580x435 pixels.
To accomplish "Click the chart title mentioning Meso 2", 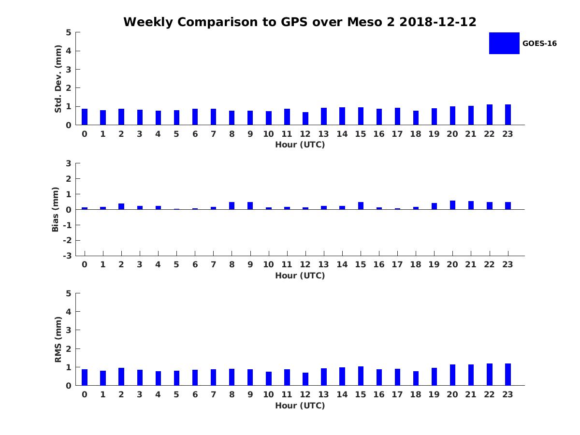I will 300,22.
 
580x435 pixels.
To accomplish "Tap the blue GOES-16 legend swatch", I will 504,43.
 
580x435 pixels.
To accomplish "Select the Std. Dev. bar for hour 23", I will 508,115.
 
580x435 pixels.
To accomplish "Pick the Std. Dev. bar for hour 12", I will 305,118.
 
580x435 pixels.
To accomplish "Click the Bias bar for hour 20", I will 452,205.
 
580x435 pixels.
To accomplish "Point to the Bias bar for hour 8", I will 232,206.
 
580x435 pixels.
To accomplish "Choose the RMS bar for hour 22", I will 490,375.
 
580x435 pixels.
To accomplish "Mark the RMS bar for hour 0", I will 85,377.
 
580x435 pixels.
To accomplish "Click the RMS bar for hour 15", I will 361,376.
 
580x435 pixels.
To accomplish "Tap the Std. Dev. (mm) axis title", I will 58,79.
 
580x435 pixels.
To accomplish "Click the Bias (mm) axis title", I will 56,209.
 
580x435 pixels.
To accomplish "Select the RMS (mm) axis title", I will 58,339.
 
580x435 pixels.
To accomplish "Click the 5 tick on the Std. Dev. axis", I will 69,32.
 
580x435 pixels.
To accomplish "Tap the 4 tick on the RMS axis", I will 69,312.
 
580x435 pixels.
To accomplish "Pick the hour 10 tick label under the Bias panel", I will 269,264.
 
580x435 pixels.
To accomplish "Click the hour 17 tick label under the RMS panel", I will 397,394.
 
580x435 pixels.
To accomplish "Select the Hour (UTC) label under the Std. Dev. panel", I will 300,145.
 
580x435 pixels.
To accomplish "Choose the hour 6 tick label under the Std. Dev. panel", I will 195,134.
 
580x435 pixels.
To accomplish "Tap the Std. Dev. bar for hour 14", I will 342,116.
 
